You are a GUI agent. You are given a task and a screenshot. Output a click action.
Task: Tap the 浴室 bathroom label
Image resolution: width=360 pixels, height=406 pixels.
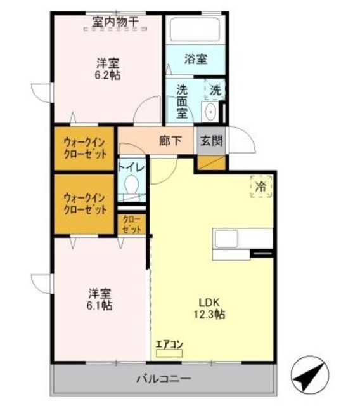pos(195,60)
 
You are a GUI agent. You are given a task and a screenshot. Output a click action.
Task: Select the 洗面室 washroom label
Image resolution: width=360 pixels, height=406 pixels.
pos(182,100)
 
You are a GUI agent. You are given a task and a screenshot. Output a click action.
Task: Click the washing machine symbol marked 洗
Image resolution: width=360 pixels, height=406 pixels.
pos(215,89)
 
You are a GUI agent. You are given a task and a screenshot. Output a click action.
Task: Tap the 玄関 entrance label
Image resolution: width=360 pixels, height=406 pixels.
pos(212,141)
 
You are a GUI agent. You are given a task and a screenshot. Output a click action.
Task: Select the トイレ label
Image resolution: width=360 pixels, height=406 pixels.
pos(132,167)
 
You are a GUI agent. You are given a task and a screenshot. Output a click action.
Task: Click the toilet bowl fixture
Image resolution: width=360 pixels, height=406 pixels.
pos(132,186)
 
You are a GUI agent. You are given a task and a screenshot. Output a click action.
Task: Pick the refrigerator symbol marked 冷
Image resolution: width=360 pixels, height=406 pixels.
pos(260,187)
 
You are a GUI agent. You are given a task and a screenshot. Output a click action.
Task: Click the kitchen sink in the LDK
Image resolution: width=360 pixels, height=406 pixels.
pos(227,239)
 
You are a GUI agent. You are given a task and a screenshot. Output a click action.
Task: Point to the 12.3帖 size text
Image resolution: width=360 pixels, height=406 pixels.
pos(211,314)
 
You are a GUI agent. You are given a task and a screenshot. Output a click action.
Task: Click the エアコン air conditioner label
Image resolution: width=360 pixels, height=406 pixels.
pos(169,345)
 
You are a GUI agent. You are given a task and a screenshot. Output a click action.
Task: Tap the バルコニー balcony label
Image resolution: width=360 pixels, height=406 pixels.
pos(164,379)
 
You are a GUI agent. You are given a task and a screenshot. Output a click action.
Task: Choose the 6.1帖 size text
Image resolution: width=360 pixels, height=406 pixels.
pos(100,305)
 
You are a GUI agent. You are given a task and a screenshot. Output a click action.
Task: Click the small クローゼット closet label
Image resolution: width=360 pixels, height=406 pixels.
pos(132,225)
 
